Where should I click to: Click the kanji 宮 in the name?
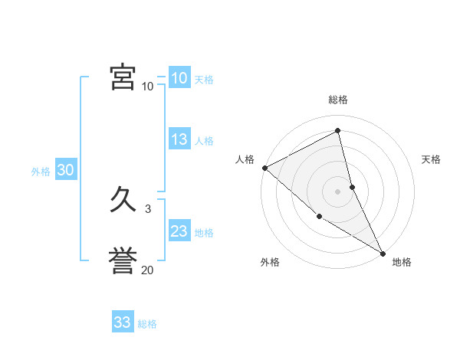[123, 78]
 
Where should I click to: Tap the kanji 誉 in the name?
[123, 261]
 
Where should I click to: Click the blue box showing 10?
[179, 77]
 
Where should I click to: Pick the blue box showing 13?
[179, 139]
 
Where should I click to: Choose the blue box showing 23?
[179, 231]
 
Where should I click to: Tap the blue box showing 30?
[65, 170]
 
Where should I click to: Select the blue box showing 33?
[123, 322]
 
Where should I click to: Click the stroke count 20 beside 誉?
[147, 270]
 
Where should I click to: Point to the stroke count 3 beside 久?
[147, 208]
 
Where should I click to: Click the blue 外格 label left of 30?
[41, 172]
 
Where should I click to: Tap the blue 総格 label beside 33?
[147, 324]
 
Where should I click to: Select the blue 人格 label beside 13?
[204, 141]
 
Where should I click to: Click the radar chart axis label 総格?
[338, 100]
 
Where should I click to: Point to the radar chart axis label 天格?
[432, 159]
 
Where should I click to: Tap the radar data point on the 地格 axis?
[383, 253]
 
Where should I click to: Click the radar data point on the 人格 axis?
[264, 168]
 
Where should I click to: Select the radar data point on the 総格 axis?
[338, 132]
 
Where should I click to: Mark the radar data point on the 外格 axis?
[319, 217]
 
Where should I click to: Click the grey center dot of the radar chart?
[338, 191]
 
